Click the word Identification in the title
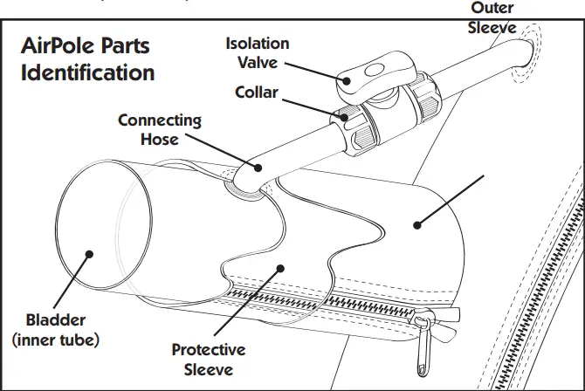(87, 72)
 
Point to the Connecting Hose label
(160, 128)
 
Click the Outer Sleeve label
(492, 17)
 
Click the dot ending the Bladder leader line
(90, 254)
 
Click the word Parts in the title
(127, 45)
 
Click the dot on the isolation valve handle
(348, 81)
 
